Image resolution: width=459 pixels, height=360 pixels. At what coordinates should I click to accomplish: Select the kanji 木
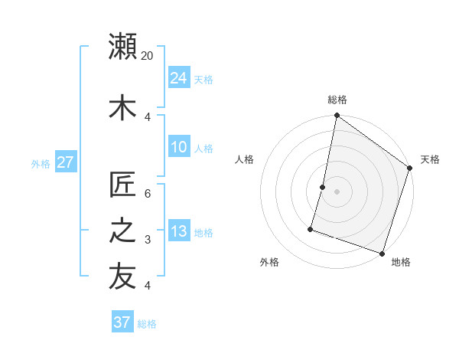122,107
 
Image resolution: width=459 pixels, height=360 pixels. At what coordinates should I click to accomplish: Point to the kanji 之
122,231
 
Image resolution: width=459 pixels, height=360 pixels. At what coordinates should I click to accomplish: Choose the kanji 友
122,277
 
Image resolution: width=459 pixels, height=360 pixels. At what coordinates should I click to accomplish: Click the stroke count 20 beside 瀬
148,56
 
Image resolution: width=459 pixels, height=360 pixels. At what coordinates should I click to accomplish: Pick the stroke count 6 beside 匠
148,194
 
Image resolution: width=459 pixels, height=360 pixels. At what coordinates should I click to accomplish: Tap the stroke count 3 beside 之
148,240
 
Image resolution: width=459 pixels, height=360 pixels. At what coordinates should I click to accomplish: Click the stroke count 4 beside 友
148,286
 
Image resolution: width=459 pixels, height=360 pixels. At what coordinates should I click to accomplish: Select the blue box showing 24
178,78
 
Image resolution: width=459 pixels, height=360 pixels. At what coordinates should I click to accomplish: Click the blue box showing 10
178,147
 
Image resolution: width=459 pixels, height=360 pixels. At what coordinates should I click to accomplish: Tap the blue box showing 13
178,231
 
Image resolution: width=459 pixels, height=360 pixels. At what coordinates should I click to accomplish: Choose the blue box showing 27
65,162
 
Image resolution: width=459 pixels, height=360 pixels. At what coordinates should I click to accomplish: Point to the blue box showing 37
122,322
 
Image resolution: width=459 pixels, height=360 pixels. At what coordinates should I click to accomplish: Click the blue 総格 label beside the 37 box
147,324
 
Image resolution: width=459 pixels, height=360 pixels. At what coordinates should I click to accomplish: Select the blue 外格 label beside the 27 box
41,164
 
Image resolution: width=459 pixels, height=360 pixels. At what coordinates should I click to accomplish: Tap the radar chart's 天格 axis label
430,159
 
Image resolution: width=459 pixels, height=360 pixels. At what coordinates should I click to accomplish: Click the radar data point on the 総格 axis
337,116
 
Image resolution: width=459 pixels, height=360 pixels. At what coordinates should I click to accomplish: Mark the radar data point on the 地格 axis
382,253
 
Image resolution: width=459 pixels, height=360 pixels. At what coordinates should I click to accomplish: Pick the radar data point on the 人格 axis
323,187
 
